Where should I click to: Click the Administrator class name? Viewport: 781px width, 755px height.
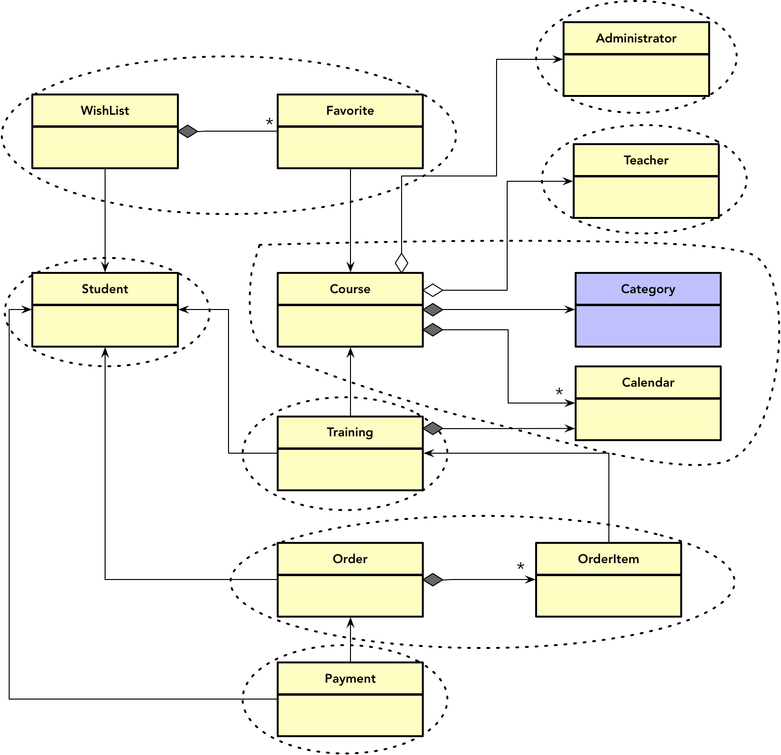point(636,39)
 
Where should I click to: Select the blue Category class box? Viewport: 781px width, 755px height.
point(648,310)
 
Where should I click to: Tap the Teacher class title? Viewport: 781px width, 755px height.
point(646,161)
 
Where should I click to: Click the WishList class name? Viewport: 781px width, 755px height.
point(105,111)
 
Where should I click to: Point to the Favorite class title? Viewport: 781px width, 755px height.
point(350,111)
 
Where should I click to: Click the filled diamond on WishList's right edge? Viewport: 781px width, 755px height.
point(188,131)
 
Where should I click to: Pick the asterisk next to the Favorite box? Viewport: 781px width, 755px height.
point(269,122)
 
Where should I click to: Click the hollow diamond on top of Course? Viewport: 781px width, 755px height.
point(402,263)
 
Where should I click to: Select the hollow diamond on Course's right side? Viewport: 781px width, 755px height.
point(433,290)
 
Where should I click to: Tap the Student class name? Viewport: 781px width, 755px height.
point(105,289)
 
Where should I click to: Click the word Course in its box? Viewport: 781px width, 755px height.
point(350,289)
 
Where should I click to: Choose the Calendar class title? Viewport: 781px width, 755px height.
point(648,383)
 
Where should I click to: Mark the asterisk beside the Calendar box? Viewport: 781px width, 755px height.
point(559,392)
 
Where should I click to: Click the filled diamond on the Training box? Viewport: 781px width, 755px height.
point(433,428)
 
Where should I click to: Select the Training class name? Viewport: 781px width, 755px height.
point(350,432)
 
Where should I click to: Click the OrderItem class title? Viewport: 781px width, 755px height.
point(608,559)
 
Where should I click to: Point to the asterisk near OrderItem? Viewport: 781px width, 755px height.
point(521,566)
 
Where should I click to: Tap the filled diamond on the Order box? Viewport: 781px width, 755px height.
point(433,580)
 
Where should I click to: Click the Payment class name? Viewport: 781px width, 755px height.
point(350,679)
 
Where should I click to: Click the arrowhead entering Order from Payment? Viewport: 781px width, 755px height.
point(350,622)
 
